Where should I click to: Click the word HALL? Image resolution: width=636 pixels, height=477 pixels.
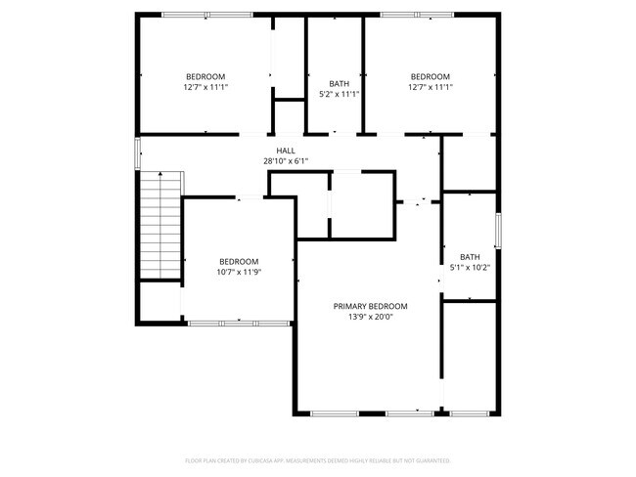[x=286, y=151]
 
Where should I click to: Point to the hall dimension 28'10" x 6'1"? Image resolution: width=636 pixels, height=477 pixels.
[x=286, y=161]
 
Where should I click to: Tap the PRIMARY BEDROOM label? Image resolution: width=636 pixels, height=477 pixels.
[x=370, y=306]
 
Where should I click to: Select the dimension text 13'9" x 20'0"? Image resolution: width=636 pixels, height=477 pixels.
[x=370, y=317]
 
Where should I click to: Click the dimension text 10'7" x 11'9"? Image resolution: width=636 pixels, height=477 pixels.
[x=239, y=272]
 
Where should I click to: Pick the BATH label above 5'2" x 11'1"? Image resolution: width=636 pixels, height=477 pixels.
[x=340, y=83]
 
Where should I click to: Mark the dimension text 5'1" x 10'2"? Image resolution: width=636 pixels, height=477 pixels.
[x=470, y=268]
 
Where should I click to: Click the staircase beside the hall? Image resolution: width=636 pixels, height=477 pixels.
[x=159, y=225]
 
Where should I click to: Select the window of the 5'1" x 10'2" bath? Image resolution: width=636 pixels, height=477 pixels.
[x=498, y=230]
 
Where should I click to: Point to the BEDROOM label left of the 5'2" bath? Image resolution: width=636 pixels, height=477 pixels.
[x=205, y=76]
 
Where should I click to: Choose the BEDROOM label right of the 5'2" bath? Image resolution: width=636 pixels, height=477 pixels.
[x=431, y=76]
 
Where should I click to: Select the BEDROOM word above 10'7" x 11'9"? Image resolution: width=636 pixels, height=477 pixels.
[x=239, y=261]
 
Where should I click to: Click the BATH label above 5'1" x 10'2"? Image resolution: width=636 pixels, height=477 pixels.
[x=470, y=257]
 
